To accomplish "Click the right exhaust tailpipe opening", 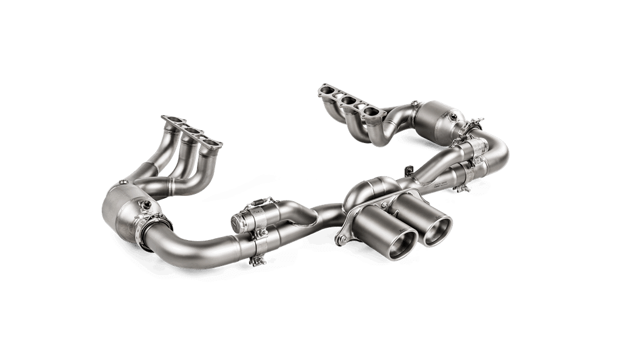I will pos(438,232).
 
